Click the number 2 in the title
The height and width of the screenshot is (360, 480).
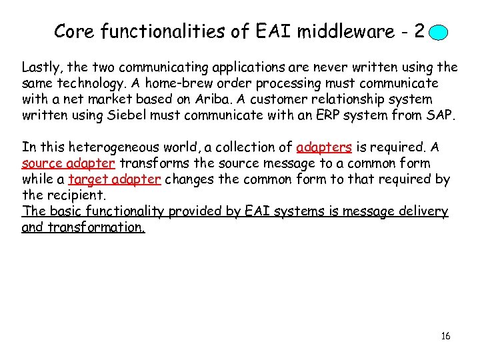(419, 31)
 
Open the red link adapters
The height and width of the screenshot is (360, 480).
(323, 147)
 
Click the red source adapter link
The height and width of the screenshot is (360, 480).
(69, 163)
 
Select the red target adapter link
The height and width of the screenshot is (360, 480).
(114, 179)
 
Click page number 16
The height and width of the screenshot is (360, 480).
(445, 336)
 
